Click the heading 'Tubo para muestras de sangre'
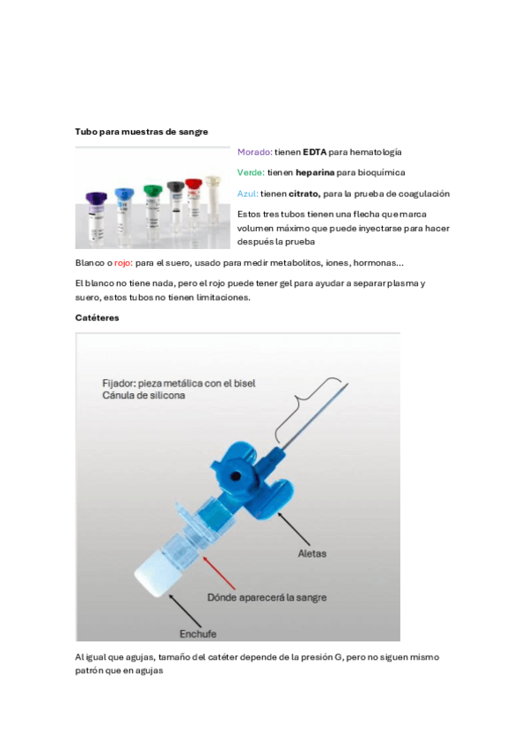pyautogui.click(x=142, y=132)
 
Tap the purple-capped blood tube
pyautogui.click(x=96, y=218)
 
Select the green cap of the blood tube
pyautogui.click(x=153, y=191)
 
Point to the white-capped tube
pyautogui.click(x=213, y=199)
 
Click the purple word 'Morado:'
pyautogui.click(x=255, y=152)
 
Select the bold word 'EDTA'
pyautogui.click(x=314, y=152)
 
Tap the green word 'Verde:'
pyautogui.click(x=251, y=172)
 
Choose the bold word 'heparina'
pyautogui.click(x=315, y=172)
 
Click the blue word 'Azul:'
pyautogui.click(x=248, y=194)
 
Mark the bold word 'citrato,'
pyautogui.click(x=304, y=194)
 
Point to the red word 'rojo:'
pyautogui.click(x=123, y=263)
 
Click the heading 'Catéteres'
pyautogui.click(x=97, y=318)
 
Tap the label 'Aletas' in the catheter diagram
pyautogui.click(x=312, y=553)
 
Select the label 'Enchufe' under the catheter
pyautogui.click(x=198, y=633)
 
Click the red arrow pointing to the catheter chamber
pyautogui.click(x=219, y=573)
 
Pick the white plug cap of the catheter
pyautogui.click(x=156, y=577)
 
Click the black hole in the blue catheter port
pyautogui.click(x=235, y=476)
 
